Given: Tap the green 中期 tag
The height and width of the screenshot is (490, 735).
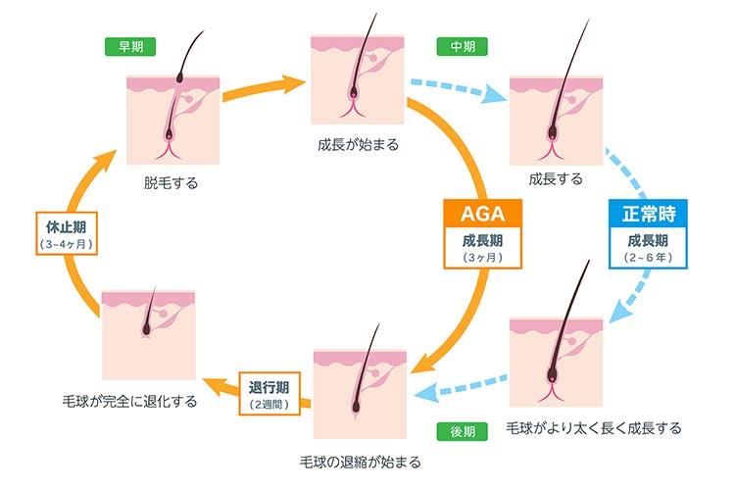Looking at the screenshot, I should pos(457,46).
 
